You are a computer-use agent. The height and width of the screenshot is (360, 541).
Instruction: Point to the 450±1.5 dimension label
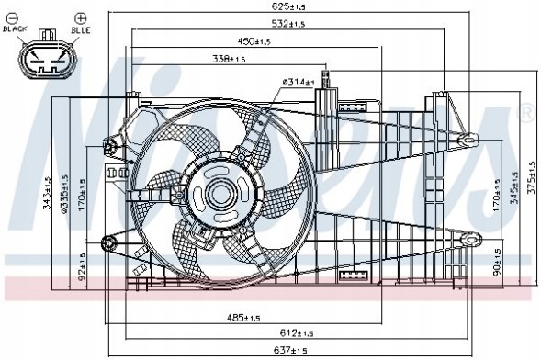click(x=254, y=41)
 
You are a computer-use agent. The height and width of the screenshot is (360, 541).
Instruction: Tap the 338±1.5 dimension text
click(x=229, y=60)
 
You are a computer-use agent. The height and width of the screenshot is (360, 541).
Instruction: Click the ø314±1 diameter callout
click(x=299, y=83)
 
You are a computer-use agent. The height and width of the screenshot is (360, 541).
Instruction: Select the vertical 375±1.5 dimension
click(x=531, y=181)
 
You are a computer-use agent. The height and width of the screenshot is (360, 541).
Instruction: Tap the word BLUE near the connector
click(x=82, y=29)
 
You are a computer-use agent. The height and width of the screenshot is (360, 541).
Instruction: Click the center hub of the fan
click(x=220, y=194)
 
